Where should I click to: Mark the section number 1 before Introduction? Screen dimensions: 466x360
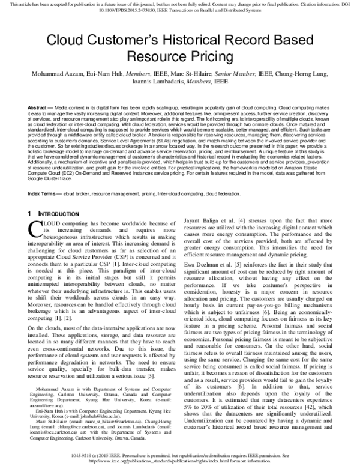[x=29, y=197]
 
